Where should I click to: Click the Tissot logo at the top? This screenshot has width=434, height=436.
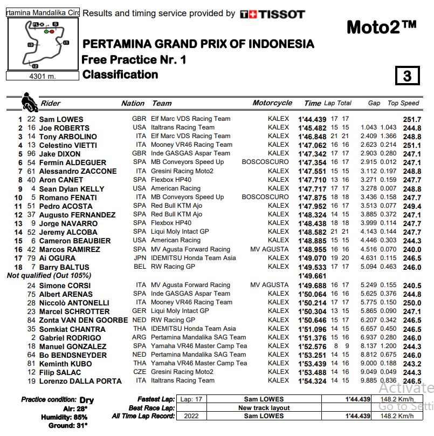click(x=272, y=15)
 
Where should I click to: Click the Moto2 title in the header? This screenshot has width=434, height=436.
click(x=381, y=27)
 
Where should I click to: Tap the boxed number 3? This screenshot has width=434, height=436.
click(x=407, y=76)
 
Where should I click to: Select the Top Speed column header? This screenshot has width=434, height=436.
click(x=403, y=103)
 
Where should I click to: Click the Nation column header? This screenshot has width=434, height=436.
click(x=133, y=103)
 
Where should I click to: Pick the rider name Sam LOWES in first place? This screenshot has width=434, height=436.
click(x=61, y=119)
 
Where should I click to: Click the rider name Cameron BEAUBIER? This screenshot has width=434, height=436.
click(x=75, y=241)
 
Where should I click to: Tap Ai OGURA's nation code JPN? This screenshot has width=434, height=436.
click(x=139, y=258)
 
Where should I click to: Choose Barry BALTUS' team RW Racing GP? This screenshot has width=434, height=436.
click(x=173, y=267)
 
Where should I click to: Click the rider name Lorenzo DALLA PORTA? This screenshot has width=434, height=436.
click(x=80, y=381)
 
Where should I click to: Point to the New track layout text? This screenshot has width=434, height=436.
click(x=264, y=408)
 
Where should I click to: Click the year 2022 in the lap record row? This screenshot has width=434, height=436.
click(x=191, y=416)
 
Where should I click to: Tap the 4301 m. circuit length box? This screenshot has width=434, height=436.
click(x=43, y=76)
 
